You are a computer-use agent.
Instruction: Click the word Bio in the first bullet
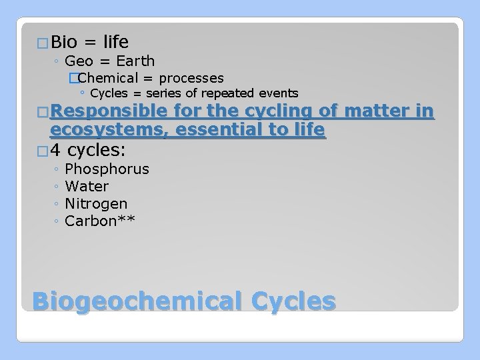tap(64, 43)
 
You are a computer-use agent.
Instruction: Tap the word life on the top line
tap(116, 43)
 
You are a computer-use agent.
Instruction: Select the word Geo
tap(79, 62)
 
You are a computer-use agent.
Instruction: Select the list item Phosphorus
tap(107, 169)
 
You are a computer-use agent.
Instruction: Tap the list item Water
tap(87, 187)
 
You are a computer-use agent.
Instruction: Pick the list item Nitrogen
tap(96, 204)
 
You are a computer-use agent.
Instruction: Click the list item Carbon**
tap(100, 221)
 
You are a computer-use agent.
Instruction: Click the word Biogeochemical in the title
tap(137, 301)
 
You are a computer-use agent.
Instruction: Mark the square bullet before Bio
tap(43, 44)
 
